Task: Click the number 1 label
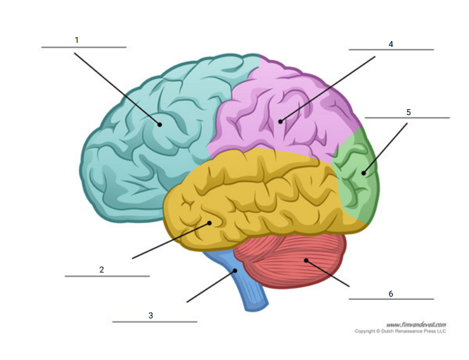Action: [76, 40]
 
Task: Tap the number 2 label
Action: [102, 270]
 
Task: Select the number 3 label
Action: [151, 315]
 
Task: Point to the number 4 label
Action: [390, 44]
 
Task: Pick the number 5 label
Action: [409, 112]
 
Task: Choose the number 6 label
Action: [390, 294]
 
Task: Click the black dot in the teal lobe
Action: [160, 125]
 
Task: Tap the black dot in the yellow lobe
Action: [210, 223]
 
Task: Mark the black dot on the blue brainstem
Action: [235, 271]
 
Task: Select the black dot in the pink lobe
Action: [280, 122]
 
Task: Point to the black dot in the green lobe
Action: [364, 173]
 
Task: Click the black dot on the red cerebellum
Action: [306, 261]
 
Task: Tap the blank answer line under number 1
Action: [84, 48]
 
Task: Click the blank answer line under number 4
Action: [392, 50]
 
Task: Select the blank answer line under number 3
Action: [154, 322]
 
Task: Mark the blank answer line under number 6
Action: [392, 299]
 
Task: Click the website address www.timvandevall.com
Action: [416, 325]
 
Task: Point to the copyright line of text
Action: [400, 331]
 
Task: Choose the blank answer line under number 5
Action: [407, 118]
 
